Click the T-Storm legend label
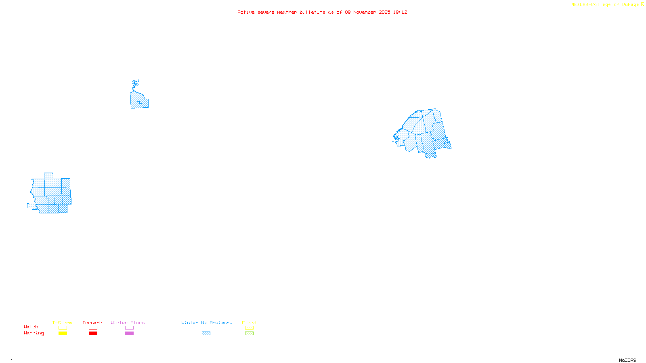pos(62,323)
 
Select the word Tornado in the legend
pos(92,323)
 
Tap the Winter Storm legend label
pos(128,323)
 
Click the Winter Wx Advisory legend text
pos(207,323)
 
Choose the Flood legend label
pos(249,323)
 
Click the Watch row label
pos(31,327)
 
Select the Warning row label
pos(34,333)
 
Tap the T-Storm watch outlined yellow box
pos(63,328)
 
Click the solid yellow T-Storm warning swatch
pos(63,334)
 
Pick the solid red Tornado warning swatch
pos(93,334)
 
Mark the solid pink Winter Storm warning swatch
pos(129,334)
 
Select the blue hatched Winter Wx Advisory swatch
pos(206,334)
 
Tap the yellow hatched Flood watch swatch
pos(249,328)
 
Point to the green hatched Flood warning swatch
pos(249,334)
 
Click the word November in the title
pos(365,12)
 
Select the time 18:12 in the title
pos(400,12)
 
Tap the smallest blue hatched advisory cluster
pos(138,99)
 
